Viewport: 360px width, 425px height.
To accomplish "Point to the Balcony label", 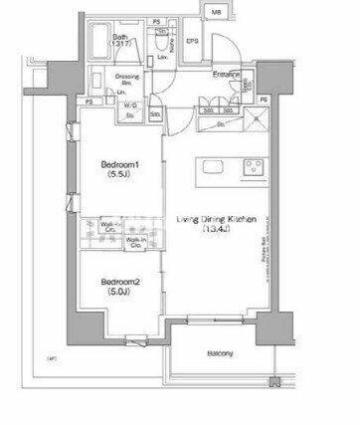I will [x=221, y=354].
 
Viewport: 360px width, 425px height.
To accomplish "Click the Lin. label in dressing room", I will [x=120, y=93].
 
